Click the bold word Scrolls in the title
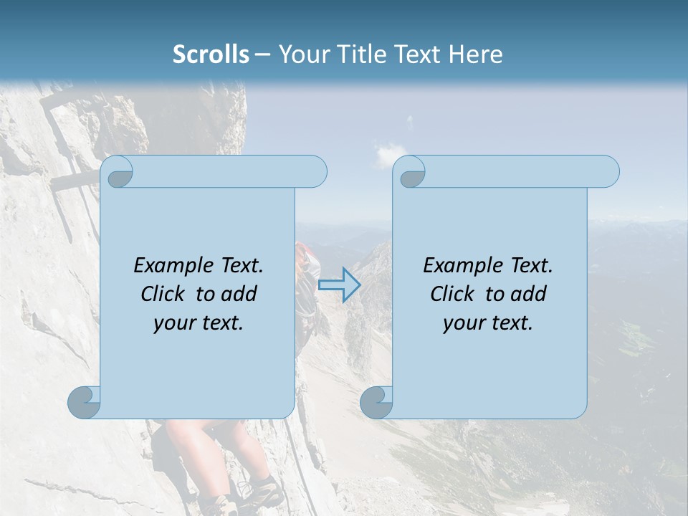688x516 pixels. (x=211, y=54)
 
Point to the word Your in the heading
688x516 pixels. (x=303, y=54)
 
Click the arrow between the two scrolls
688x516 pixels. (x=339, y=285)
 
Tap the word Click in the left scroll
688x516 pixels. (x=163, y=294)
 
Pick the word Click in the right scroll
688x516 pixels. (x=453, y=294)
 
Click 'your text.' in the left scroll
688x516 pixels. (x=199, y=322)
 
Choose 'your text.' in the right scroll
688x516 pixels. (x=488, y=322)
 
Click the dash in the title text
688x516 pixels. (x=263, y=54)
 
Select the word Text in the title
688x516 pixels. (x=419, y=54)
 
